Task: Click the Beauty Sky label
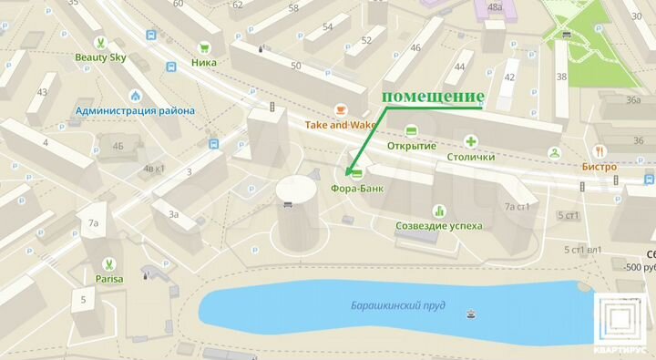102,57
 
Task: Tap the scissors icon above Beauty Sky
102,40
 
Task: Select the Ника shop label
204,63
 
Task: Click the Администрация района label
135,111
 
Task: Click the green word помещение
432,97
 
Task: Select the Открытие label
412,146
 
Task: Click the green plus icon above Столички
471,141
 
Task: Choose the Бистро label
599,167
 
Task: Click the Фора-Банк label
357,190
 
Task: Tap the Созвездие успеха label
439,225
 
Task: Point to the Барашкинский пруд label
398,305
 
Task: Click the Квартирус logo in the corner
622,323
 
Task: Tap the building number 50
295,66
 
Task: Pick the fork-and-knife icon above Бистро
599,151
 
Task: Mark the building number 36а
634,101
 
